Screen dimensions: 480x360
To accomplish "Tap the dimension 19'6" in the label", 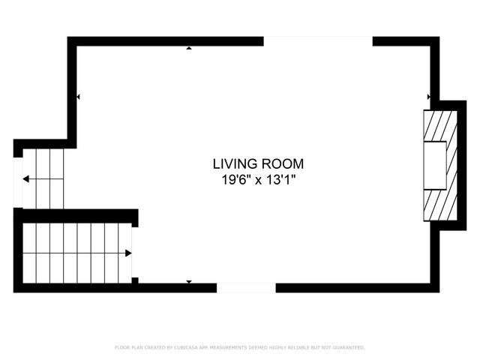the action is point(237,180).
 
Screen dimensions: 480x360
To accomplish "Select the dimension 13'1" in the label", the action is point(280,180).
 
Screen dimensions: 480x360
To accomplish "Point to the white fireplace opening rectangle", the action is point(435,166).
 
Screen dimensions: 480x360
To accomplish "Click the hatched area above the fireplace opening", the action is point(441,126).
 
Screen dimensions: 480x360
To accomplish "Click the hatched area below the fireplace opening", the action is point(441,205).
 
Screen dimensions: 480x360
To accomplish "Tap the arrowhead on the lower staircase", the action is point(128,253).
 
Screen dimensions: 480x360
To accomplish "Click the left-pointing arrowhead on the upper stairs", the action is point(26,178).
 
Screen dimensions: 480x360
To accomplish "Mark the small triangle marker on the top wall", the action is point(189,48).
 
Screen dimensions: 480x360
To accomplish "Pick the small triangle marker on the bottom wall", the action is point(189,282).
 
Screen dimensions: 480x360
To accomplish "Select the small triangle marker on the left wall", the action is point(78,97).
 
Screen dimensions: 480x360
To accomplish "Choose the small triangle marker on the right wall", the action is point(429,97).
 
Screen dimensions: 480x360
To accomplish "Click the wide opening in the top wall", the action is point(318,41).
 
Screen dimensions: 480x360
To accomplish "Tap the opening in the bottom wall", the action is point(246,288).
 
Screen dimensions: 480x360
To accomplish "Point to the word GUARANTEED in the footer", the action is point(349,348).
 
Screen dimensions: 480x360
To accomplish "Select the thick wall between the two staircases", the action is point(76,216).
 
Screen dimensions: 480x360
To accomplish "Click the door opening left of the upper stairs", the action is point(18,183).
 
